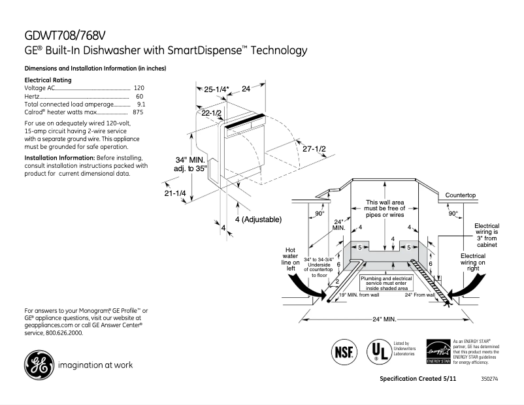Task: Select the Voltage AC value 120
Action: coord(139,88)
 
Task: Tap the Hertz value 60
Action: coord(140,96)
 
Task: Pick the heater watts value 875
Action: coord(138,112)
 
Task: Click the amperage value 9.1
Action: coord(140,105)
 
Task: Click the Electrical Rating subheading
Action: coord(48,80)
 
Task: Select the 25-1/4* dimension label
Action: coord(216,89)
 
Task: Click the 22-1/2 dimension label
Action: coord(212,113)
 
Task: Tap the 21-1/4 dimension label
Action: coord(175,193)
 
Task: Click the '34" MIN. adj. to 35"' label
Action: coord(190,164)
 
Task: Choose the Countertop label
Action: coord(461,195)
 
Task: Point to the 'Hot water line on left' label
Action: coord(290,259)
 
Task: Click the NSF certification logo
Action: coord(344,350)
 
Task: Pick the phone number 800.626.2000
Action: coord(64,333)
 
